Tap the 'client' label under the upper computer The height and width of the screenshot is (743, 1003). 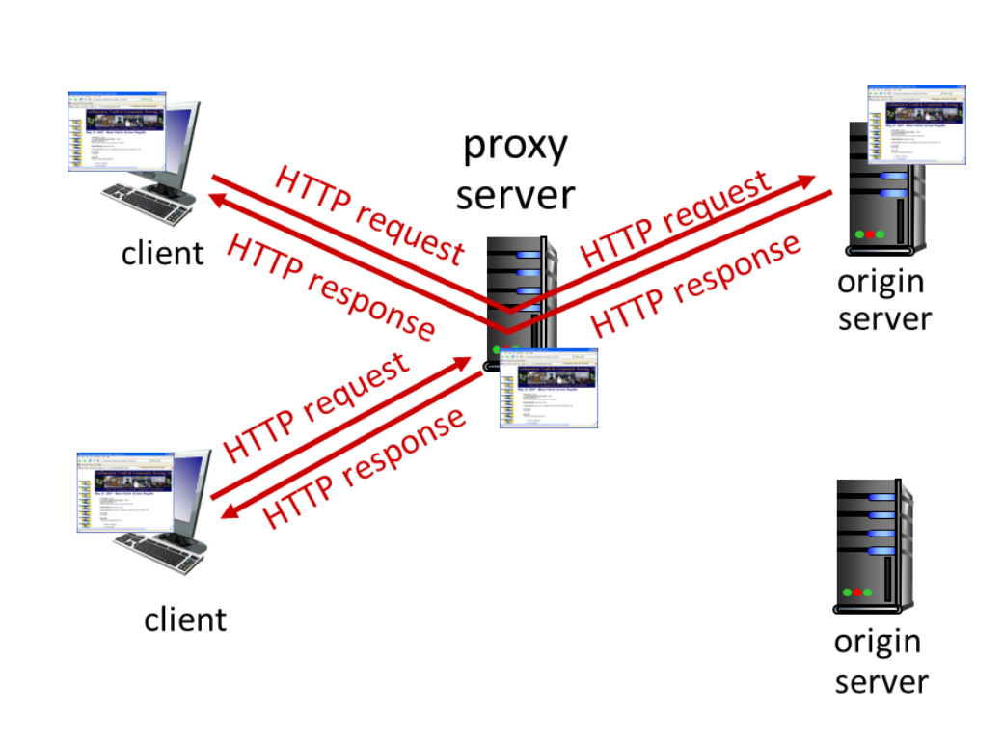pyautogui.click(x=162, y=253)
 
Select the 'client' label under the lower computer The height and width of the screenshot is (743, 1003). pyautogui.click(x=185, y=619)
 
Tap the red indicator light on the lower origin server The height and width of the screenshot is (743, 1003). pyautogui.click(x=857, y=592)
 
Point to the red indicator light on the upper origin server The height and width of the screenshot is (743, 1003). pyautogui.click(x=869, y=234)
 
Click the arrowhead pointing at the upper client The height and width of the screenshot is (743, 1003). pyautogui.click(x=218, y=199)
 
